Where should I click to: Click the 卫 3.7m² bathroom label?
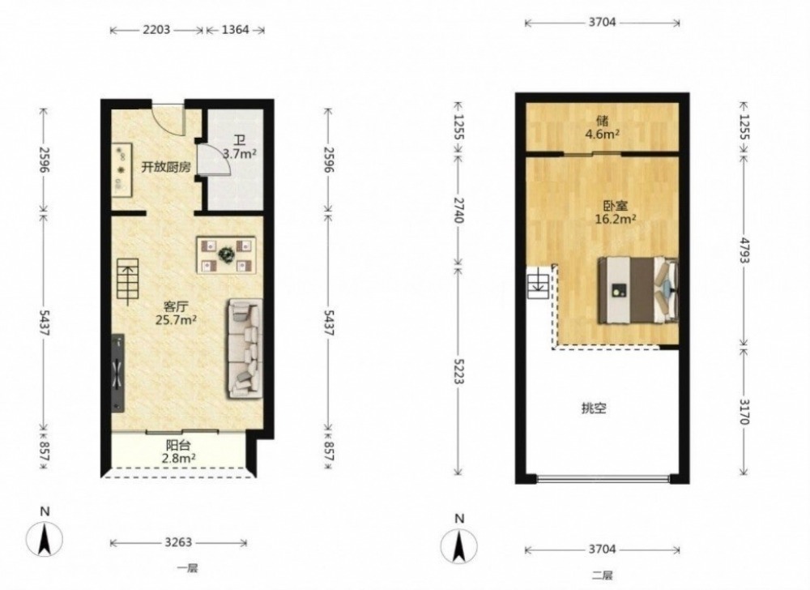240,147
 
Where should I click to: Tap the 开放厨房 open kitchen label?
166,168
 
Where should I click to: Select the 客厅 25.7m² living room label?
176,313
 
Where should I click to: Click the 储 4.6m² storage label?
603,127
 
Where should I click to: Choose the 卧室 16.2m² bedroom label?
616,212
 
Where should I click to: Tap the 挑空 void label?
594,408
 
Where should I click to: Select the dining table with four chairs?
226,254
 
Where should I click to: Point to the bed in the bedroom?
638,290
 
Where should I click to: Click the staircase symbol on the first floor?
128,281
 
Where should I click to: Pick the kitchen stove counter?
123,169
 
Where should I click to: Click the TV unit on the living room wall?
118,373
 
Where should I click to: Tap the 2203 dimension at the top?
156,30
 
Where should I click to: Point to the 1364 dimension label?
235,30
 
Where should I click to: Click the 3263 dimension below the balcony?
178,542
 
